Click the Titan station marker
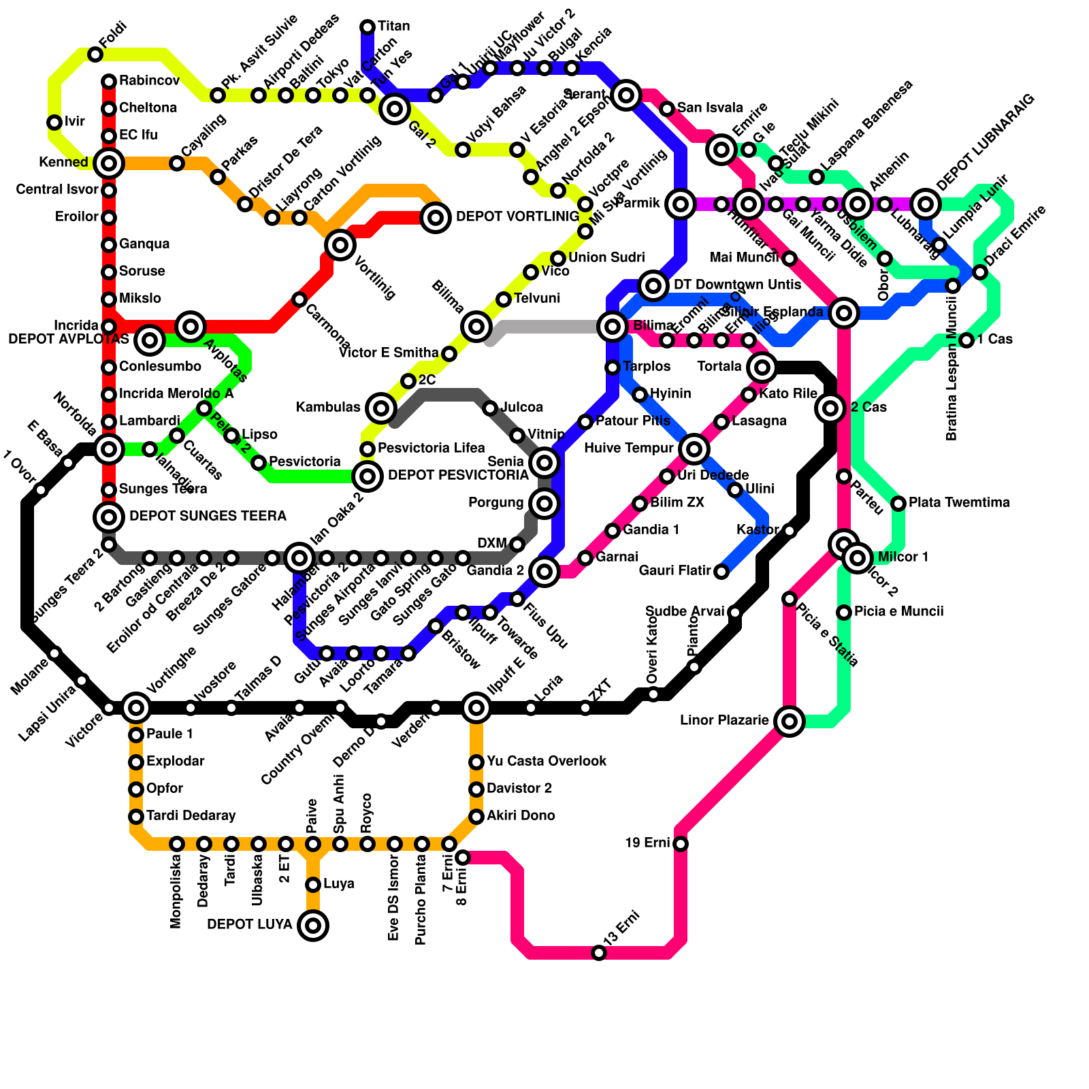click(x=368, y=27)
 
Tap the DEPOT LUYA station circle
click(x=313, y=925)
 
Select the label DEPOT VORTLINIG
click(x=517, y=217)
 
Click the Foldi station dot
click(x=95, y=54)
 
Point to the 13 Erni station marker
click(x=599, y=953)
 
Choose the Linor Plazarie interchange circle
click(x=790, y=721)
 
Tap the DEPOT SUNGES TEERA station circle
click(x=109, y=517)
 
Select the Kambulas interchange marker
click(x=381, y=408)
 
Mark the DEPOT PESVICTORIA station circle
click(x=368, y=476)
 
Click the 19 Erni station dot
click(x=681, y=844)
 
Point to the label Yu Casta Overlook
click(x=547, y=761)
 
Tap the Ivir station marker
click(x=54, y=123)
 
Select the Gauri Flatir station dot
click(x=721, y=572)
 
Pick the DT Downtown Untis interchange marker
click(x=653, y=285)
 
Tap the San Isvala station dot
click(x=667, y=109)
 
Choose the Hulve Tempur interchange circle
click(x=694, y=449)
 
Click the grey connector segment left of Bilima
click(x=544, y=327)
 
